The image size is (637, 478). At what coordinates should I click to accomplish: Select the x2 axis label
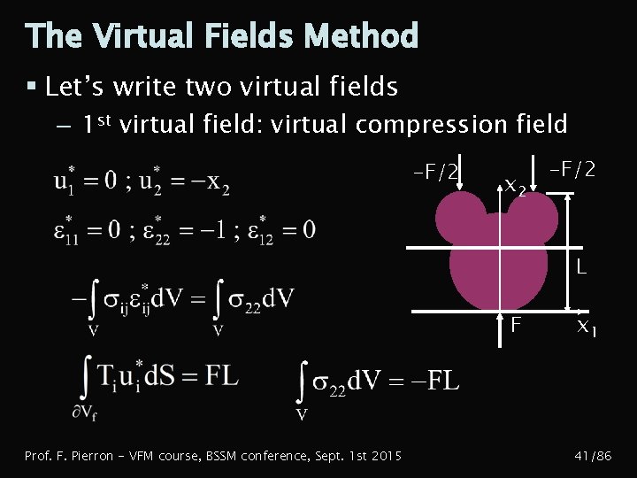click(x=515, y=187)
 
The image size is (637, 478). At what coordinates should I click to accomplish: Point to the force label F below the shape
click(x=516, y=325)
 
